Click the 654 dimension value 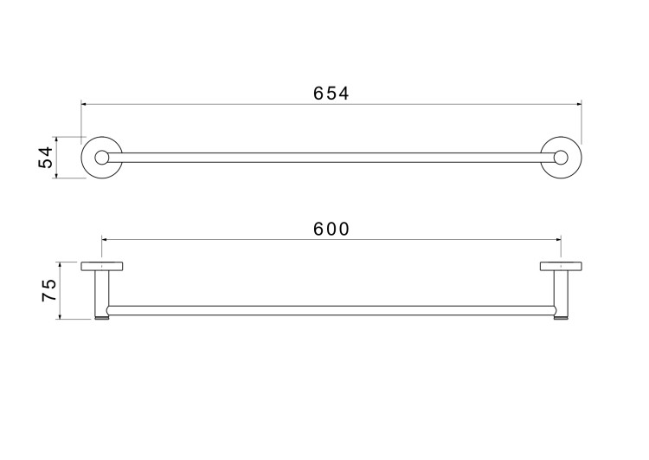coord(331,94)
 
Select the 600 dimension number coord(331,229)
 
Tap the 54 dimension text coord(46,157)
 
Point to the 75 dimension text coord(48,290)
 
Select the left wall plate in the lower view coord(102,266)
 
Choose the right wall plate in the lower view coord(561,266)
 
